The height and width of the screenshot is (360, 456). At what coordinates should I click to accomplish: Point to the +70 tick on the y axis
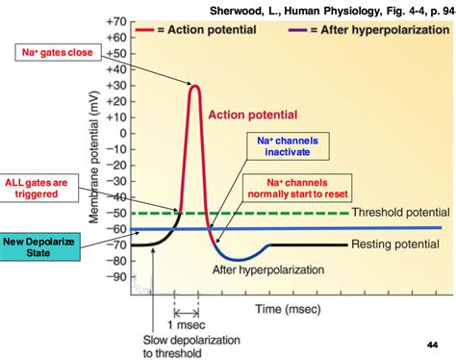tap(138, 21)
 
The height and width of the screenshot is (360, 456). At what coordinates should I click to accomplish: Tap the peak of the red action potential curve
tap(193, 87)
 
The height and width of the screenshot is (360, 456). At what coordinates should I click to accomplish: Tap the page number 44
tap(432, 344)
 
